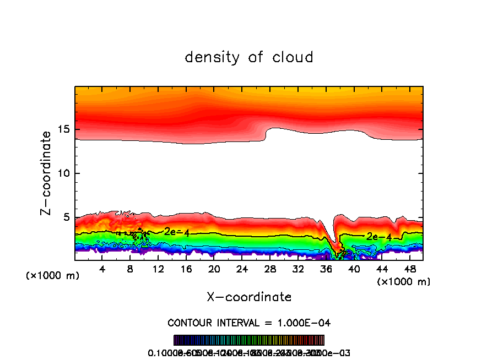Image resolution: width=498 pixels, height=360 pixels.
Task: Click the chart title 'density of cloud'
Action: [x=248, y=57]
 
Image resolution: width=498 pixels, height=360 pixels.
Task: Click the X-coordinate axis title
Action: [x=249, y=297]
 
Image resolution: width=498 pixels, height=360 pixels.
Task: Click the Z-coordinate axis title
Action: [x=46, y=173]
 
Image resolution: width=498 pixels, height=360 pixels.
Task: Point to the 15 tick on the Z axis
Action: [x=66, y=129]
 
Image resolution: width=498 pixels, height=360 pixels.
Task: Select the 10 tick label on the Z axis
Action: [x=66, y=173]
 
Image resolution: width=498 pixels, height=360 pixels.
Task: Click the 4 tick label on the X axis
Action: [x=102, y=270]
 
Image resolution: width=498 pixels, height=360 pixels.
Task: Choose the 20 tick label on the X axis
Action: [x=214, y=270]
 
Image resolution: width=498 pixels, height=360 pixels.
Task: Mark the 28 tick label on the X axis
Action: [x=270, y=270]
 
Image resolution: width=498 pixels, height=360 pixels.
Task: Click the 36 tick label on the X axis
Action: [x=326, y=270]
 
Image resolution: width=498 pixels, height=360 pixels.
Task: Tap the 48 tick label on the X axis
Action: [x=410, y=270]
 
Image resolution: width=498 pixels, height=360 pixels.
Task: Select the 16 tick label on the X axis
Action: [x=186, y=270]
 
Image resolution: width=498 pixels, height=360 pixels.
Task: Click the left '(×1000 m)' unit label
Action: [x=53, y=276]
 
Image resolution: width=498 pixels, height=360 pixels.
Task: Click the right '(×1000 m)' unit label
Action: [x=404, y=282]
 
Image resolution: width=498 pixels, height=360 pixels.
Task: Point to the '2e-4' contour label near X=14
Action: [x=177, y=232]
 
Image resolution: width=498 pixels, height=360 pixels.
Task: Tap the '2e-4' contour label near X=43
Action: [x=379, y=237]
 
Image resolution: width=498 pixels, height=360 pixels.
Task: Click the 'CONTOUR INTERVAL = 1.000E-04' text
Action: [x=249, y=323]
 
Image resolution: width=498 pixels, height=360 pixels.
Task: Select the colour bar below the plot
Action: [x=249, y=340]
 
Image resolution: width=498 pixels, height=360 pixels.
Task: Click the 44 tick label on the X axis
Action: [x=382, y=270]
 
